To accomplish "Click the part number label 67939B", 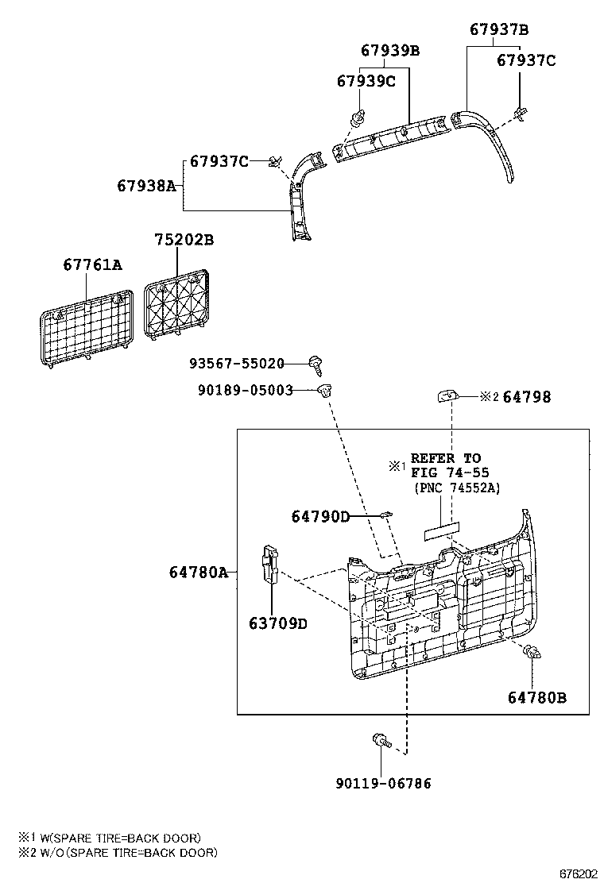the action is (x=390, y=51).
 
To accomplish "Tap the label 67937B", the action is (x=499, y=29).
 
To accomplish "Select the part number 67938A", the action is (x=146, y=185).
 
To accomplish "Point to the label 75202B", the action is (x=184, y=240).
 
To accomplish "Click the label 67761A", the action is (x=92, y=264).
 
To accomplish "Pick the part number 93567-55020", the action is (x=237, y=363).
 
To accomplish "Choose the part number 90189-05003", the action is (x=245, y=390).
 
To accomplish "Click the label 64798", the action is (x=527, y=397).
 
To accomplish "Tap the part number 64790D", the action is (x=320, y=516).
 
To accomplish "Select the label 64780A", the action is (x=199, y=573).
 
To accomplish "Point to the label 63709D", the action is (x=278, y=624).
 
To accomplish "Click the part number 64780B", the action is (x=537, y=698).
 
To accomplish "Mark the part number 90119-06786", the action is (x=384, y=783).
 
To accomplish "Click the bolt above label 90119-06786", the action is (x=381, y=740).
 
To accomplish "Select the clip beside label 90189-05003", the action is (x=325, y=389).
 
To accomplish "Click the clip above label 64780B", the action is (x=532, y=653).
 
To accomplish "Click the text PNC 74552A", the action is (x=457, y=488).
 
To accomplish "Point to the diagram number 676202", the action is (x=578, y=874).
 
